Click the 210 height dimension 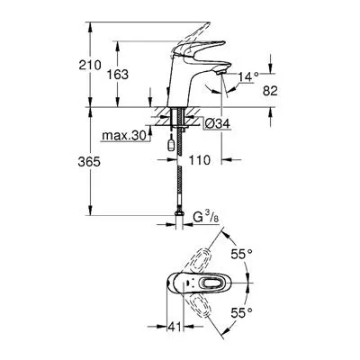[90, 65]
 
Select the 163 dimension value [118, 75]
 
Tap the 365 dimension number [89, 162]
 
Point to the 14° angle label [248, 77]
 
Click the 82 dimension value [270, 91]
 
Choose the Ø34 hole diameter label [218, 123]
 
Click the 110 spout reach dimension [199, 160]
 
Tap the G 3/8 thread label [206, 218]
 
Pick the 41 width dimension [175, 327]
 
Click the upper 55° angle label [241, 255]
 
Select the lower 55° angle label [241, 313]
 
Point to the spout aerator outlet [220, 71]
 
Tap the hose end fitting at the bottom [180, 213]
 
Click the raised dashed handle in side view [190, 38]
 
